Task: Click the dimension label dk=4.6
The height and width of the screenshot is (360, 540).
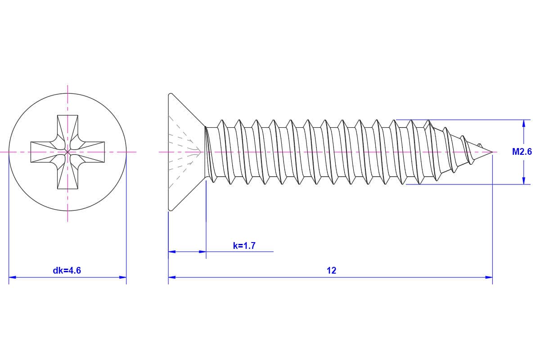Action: [x=67, y=270]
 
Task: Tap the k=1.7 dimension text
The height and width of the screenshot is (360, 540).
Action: [x=244, y=246]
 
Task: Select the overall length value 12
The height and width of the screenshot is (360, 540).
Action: [x=331, y=270]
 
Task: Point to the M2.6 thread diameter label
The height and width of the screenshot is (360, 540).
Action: [x=522, y=152]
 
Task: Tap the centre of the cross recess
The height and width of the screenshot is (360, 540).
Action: [x=67, y=152]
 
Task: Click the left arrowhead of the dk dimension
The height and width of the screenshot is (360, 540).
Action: [x=12, y=277]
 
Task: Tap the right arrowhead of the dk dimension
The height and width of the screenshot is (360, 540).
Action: [x=123, y=277]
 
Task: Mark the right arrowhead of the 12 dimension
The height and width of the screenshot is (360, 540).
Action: [x=489, y=277]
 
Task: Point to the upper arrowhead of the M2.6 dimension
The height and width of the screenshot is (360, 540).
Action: [x=523, y=123]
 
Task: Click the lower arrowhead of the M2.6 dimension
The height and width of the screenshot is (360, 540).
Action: [x=523, y=181]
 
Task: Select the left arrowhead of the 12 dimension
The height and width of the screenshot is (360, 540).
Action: [x=172, y=277]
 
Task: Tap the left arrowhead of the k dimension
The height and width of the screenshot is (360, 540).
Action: [x=172, y=252]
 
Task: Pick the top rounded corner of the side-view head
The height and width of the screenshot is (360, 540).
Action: [x=170, y=94]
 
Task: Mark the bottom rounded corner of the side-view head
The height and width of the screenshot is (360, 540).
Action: [x=170, y=209]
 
